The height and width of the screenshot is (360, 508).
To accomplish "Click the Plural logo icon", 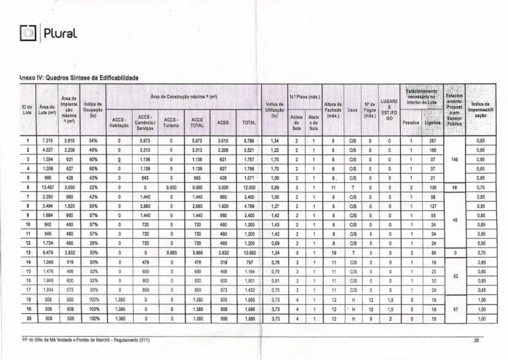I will pos(24,34).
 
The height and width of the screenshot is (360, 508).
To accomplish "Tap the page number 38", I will pos(476,340).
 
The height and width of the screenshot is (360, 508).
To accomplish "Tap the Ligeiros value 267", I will pos(432,141).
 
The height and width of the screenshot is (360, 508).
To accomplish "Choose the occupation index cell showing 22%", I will pos(92,186).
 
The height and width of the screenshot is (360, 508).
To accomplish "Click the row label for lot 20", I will pos(27,318).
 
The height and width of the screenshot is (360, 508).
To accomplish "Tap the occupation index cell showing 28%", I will pos(92,243).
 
